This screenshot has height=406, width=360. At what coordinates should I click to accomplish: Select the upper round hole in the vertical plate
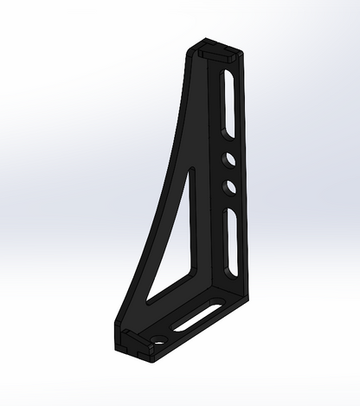click(230, 160)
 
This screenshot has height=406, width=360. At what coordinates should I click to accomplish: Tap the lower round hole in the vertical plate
click(231, 185)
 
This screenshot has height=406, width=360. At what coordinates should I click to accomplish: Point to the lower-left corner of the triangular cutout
click(149, 304)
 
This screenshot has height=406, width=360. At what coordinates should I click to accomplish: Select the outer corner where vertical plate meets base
click(246, 299)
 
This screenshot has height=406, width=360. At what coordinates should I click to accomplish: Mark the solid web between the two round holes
click(231, 173)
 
